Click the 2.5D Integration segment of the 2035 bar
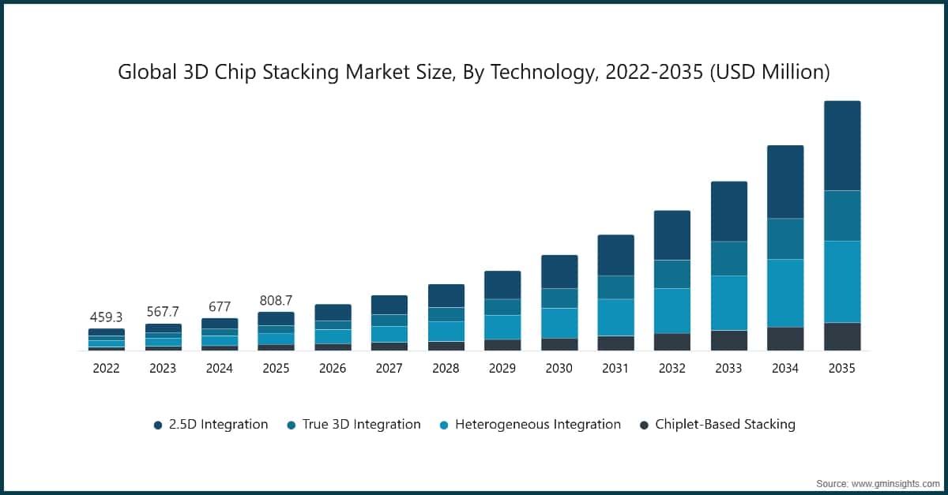(842, 146)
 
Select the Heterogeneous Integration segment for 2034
(785, 293)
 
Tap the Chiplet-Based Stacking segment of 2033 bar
(728, 340)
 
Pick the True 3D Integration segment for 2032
(671, 274)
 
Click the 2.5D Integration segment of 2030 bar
(559, 272)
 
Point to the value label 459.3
(107, 317)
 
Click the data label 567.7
(163, 312)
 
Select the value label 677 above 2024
(220, 306)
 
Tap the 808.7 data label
(276, 301)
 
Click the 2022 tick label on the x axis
(107, 368)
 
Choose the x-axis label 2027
(389, 368)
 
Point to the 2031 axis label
(615, 368)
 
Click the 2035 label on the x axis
(842, 368)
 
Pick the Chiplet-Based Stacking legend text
(725, 425)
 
